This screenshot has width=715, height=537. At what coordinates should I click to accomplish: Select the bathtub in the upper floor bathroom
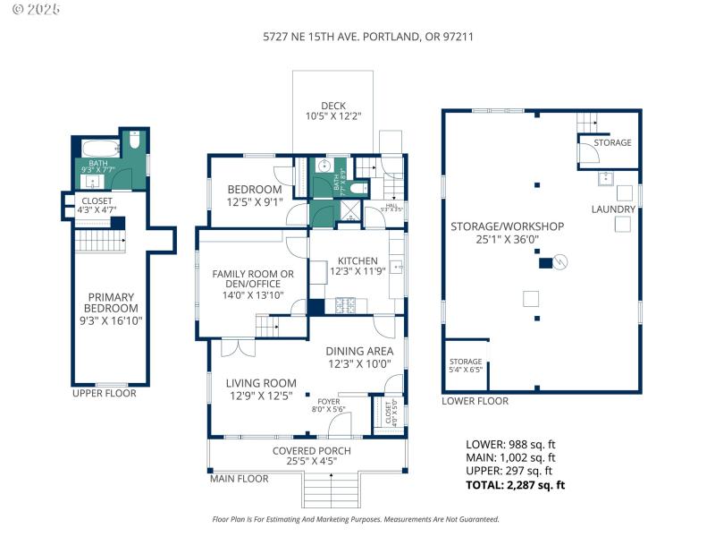(99, 147)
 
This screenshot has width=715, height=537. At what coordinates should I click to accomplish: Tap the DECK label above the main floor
(333, 106)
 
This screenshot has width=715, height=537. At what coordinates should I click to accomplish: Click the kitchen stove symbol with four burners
(346, 306)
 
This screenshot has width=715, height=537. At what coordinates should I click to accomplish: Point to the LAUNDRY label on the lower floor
(613, 209)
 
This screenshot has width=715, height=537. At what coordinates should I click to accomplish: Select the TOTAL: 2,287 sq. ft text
(516, 485)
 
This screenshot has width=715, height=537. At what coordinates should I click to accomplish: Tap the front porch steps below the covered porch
(331, 489)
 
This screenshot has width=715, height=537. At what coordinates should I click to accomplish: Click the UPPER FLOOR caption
(105, 393)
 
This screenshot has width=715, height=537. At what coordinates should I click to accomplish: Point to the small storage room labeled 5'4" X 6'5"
(465, 365)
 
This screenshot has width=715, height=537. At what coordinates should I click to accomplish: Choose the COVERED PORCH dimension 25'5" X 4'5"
(312, 462)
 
